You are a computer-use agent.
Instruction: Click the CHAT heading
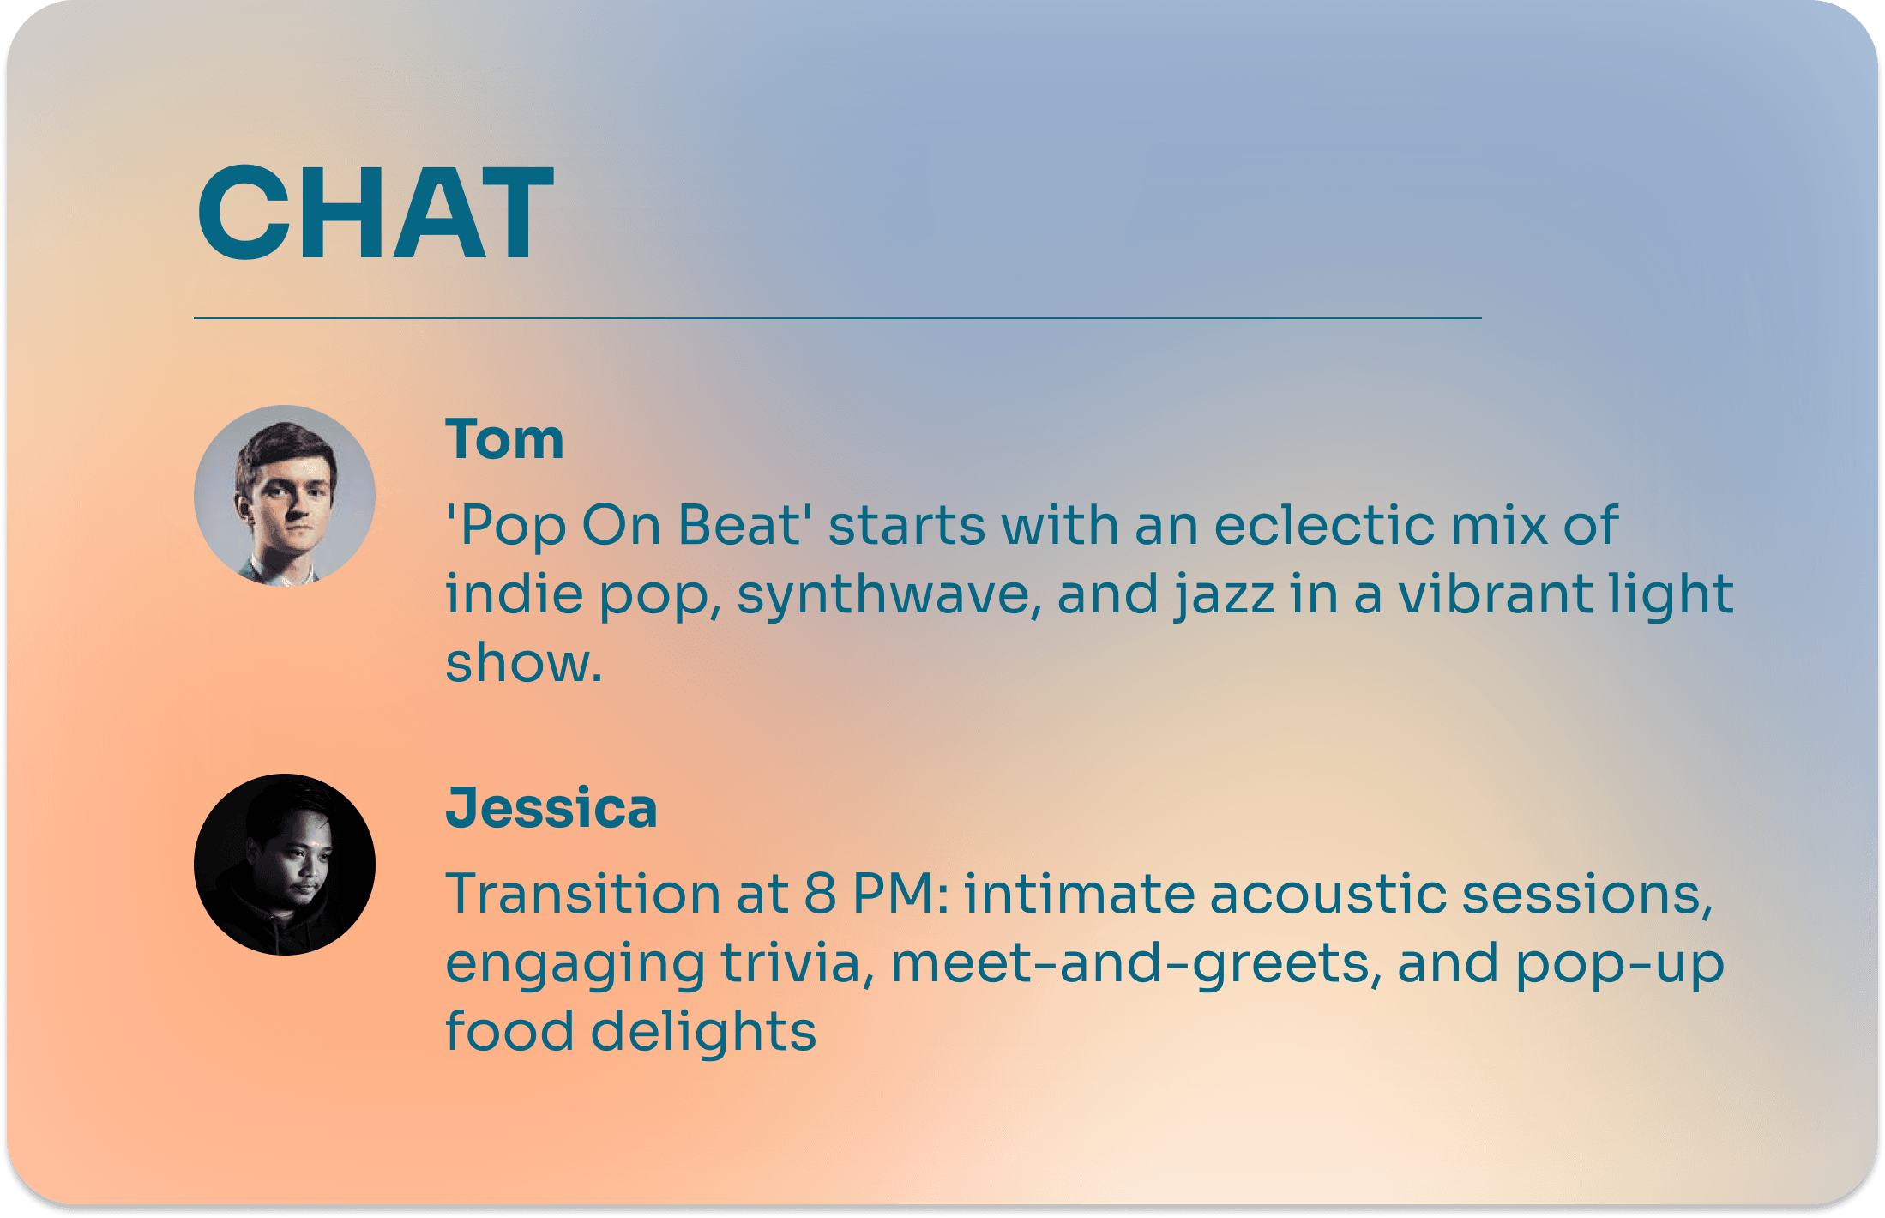click(x=376, y=212)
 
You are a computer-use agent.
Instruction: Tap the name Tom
click(x=504, y=439)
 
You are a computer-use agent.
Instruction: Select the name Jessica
click(x=551, y=810)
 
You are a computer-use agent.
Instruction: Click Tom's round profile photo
click(x=285, y=496)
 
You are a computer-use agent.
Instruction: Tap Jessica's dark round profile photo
click(x=285, y=865)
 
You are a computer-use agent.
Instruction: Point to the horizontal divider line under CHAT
click(x=838, y=318)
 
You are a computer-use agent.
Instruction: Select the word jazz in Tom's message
click(x=1224, y=595)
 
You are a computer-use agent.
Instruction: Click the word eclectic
click(x=1324, y=525)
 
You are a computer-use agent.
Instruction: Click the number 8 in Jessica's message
click(x=820, y=894)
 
